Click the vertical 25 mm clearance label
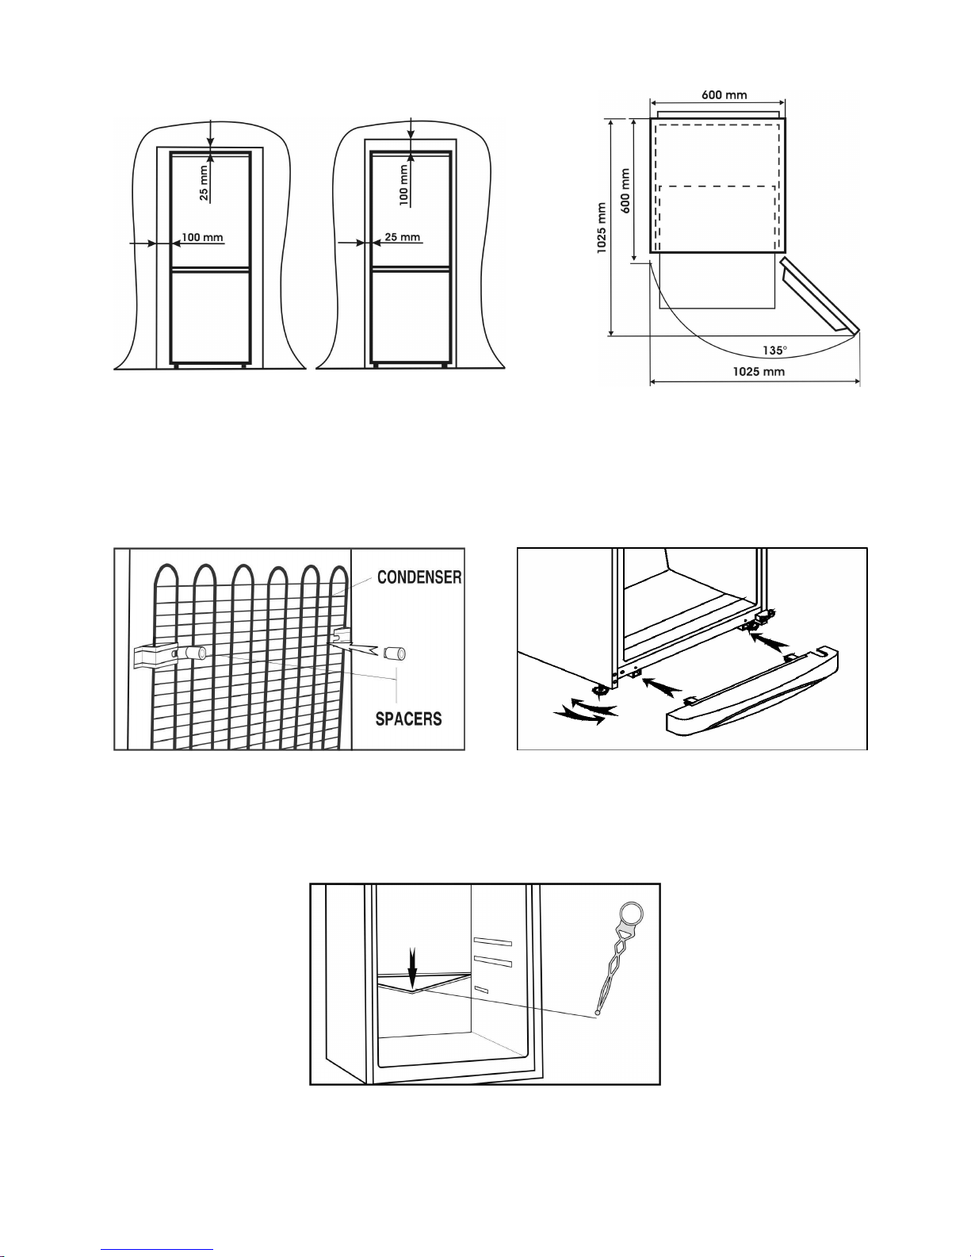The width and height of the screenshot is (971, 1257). [205, 182]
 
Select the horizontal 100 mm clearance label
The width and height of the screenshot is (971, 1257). [202, 237]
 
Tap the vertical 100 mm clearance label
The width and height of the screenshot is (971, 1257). [404, 185]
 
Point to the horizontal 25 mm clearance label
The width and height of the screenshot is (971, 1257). [402, 237]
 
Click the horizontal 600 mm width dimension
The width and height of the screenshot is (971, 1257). [724, 95]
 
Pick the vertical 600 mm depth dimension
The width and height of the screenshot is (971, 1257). [625, 190]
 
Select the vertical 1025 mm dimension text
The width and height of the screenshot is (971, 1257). [602, 228]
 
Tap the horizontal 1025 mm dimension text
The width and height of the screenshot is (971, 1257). [759, 371]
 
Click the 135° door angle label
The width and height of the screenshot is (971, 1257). [774, 351]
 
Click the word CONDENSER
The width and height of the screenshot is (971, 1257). [419, 577]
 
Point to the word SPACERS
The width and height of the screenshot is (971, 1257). [408, 719]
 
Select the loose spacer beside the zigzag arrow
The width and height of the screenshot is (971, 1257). [395, 653]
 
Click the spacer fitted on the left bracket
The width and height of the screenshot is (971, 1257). [195, 653]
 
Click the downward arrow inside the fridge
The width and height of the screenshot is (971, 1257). [411, 968]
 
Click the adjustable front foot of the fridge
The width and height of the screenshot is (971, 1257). [602, 689]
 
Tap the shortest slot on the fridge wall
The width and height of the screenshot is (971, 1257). [480, 989]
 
